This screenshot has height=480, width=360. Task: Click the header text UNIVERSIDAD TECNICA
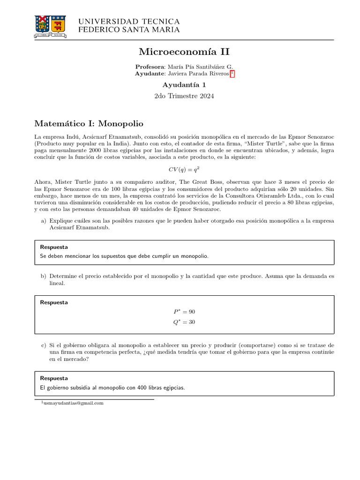click(128, 22)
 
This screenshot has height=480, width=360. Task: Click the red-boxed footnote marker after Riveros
click(232, 74)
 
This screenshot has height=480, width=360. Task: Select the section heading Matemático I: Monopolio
click(89, 124)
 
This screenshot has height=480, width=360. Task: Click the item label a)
click(44, 220)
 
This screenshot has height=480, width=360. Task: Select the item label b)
click(44, 276)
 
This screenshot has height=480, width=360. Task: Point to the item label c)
click(44, 345)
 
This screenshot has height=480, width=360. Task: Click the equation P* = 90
click(184, 312)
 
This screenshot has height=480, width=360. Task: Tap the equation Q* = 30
click(184, 322)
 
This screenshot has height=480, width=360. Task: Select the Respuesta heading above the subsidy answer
click(54, 378)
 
